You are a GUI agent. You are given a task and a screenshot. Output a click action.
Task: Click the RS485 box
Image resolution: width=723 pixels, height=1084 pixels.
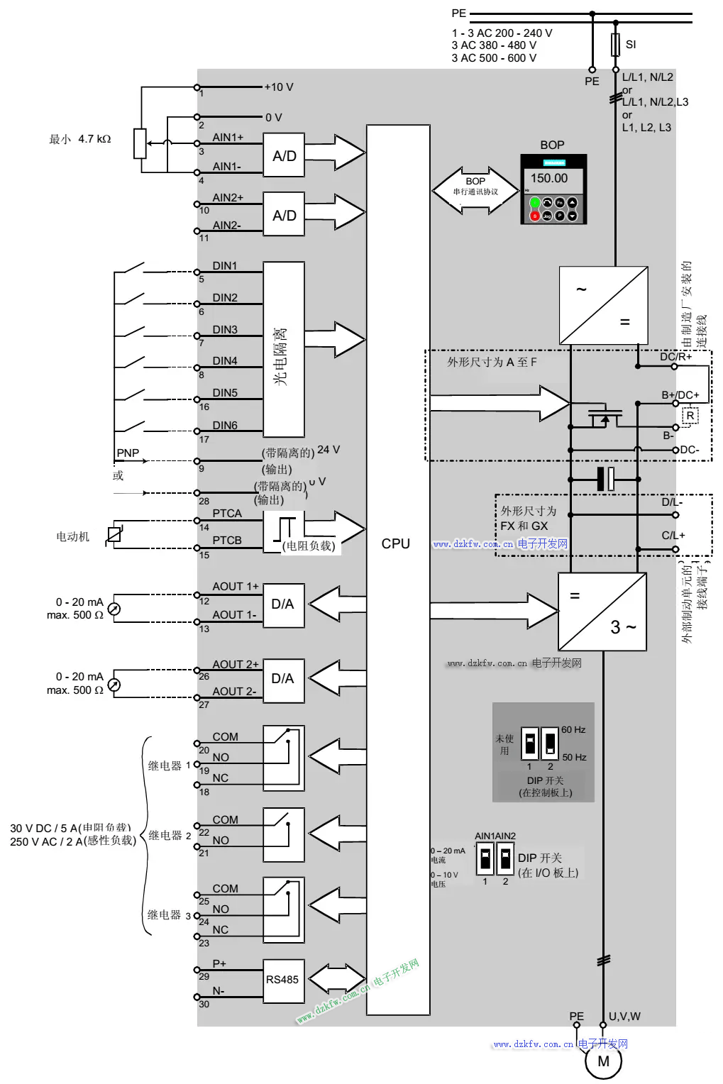click(283, 980)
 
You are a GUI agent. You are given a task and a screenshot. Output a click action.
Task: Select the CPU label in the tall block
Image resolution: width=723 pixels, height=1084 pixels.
click(395, 543)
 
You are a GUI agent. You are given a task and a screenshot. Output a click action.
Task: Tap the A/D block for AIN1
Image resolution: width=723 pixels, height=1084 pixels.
click(284, 155)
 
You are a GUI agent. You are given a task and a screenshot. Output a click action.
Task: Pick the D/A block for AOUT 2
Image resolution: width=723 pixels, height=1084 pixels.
click(283, 679)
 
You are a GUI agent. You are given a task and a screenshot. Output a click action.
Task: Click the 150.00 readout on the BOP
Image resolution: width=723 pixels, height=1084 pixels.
click(549, 179)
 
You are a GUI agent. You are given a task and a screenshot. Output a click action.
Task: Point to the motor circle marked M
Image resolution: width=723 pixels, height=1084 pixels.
click(603, 1061)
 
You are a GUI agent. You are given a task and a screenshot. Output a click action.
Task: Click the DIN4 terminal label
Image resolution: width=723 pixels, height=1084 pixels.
click(225, 361)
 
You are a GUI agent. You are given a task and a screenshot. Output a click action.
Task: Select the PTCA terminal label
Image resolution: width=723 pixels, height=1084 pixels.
click(227, 513)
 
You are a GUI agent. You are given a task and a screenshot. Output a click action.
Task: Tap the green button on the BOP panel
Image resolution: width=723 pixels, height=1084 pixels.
click(535, 203)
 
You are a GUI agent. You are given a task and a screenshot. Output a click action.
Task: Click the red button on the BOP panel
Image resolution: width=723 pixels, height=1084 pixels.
click(535, 216)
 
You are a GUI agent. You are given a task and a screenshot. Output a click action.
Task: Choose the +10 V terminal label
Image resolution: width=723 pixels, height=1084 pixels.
click(279, 87)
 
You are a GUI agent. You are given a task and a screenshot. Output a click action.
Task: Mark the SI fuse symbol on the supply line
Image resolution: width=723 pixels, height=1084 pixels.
click(615, 45)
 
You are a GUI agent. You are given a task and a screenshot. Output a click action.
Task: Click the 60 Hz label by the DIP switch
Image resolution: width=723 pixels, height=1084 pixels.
click(573, 729)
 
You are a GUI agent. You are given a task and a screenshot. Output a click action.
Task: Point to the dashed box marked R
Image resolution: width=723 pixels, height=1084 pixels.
click(690, 416)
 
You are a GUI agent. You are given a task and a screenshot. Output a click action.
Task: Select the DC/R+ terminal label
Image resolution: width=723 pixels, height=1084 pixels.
click(675, 357)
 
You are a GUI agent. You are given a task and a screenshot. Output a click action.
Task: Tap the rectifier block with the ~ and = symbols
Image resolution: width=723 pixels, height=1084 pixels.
click(603, 305)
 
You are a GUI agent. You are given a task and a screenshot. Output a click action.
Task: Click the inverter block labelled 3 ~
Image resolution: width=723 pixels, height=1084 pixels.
click(602, 612)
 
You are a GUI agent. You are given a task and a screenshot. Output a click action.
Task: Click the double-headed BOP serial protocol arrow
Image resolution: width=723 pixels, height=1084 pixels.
click(475, 190)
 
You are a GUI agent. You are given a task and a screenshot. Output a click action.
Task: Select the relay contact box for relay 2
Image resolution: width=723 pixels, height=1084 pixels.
click(284, 835)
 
